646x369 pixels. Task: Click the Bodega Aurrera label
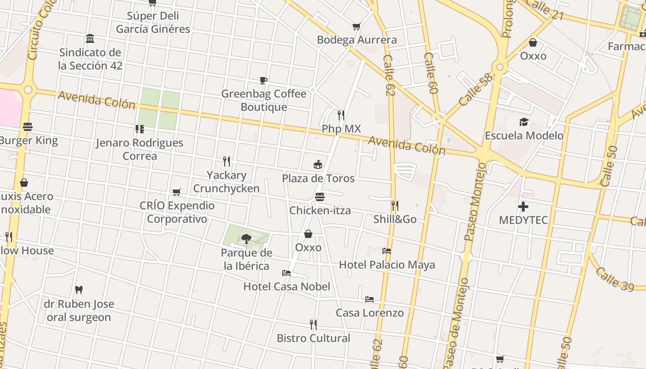click(x=357, y=40)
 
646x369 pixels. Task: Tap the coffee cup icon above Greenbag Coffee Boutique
click(x=263, y=81)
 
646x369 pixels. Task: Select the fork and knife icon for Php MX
click(x=341, y=115)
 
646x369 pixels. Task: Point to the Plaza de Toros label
click(x=318, y=179)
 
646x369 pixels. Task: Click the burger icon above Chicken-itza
click(x=320, y=197)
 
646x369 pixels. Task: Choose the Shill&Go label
click(x=395, y=219)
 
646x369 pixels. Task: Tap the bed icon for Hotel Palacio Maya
click(x=387, y=251)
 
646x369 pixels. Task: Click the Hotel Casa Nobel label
click(x=287, y=286)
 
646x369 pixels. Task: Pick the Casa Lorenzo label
click(x=370, y=313)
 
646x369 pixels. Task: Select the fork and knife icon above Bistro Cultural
click(x=313, y=325)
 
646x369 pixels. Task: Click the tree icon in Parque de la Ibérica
click(x=246, y=238)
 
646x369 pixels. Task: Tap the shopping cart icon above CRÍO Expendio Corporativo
click(x=177, y=192)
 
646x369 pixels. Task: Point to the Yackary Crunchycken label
click(x=226, y=182)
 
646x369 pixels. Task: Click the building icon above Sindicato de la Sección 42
click(x=90, y=39)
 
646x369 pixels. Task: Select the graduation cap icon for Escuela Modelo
click(x=524, y=122)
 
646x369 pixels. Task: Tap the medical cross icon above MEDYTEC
click(x=523, y=206)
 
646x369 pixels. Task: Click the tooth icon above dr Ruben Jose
click(x=79, y=290)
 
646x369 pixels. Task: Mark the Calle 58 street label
click(x=476, y=89)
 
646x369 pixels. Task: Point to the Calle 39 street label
click(x=615, y=279)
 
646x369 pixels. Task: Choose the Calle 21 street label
click(x=544, y=10)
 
